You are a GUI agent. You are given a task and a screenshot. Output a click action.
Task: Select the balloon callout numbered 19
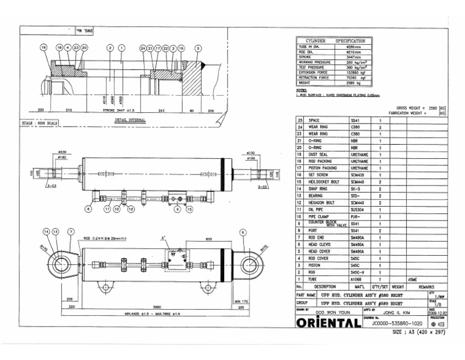click(x=43, y=47)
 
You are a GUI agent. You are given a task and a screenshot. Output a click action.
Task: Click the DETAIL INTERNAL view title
click(x=130, y=120)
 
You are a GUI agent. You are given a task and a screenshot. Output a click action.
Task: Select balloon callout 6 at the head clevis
click(x=242, y=232)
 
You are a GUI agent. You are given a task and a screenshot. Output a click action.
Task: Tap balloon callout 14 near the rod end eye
click(x=47, y=232)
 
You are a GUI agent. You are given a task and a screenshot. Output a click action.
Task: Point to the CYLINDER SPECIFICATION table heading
click(x=335, y=41)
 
